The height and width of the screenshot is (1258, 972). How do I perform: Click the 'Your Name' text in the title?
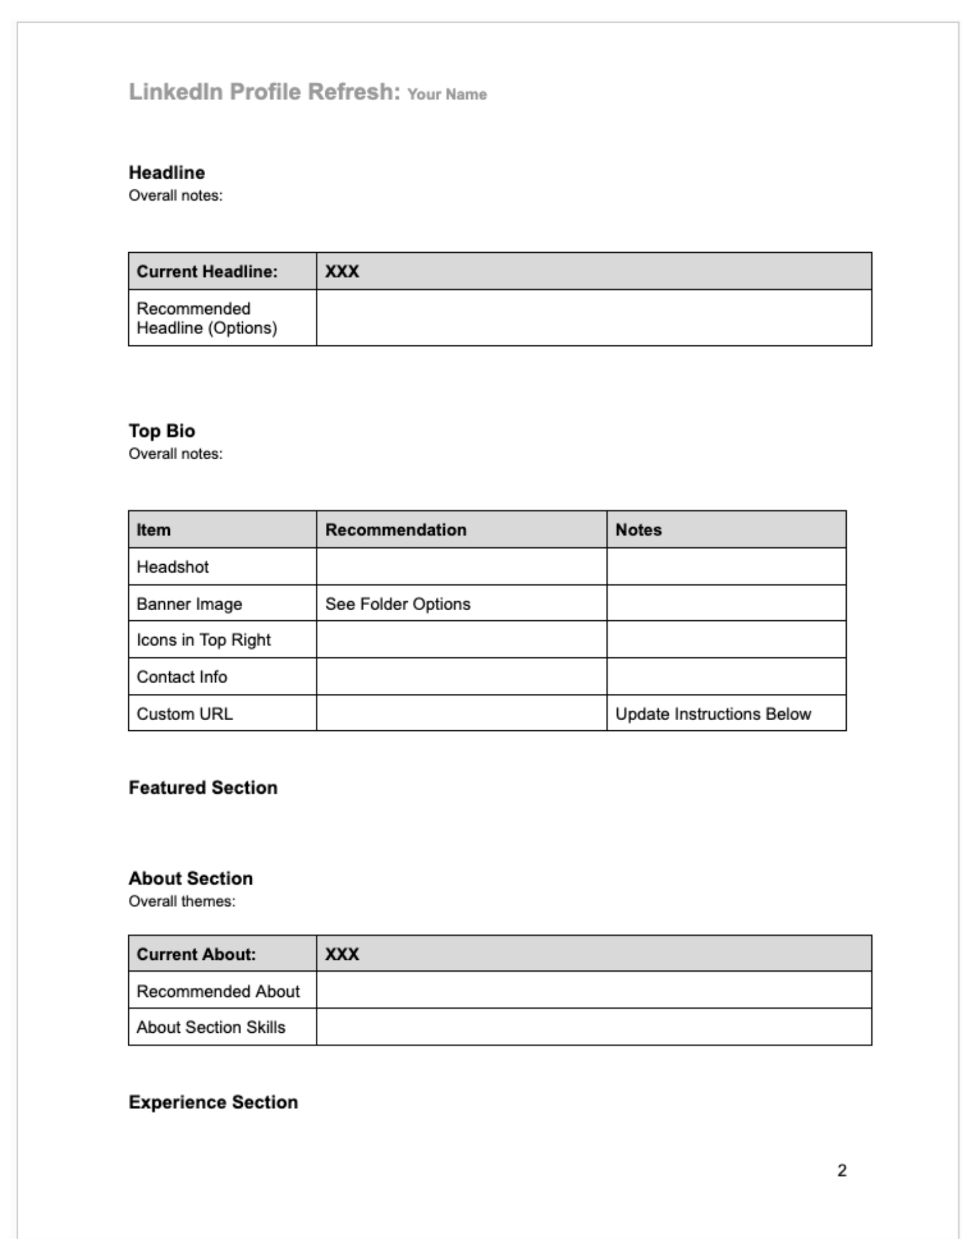point(447,94)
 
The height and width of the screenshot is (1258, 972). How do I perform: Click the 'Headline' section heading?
point(167,172)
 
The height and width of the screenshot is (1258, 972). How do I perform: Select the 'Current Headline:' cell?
point(207,272)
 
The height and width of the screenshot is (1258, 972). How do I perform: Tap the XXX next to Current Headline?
point(342,272)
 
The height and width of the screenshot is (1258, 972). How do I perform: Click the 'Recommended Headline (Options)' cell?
point(207,318)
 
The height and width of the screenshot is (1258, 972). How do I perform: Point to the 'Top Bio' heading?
point(162,431)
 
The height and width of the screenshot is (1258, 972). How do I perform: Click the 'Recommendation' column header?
point(396,530)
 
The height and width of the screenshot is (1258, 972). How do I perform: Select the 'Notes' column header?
point(638,530)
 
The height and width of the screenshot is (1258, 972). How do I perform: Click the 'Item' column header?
point(154,530)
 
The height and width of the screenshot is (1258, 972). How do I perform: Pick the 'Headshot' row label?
point(172,567)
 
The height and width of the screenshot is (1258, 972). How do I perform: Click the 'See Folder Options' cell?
point(398,604)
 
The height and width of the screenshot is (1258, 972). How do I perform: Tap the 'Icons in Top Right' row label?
point(203,640)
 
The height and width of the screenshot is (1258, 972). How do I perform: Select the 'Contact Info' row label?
point(182,677)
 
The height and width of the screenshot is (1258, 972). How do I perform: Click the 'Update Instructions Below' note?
point(713,714)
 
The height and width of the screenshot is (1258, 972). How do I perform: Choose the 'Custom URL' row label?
point(184,714)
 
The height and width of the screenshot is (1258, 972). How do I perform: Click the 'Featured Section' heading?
point(203,788)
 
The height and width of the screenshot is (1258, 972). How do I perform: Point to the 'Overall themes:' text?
point(182,901)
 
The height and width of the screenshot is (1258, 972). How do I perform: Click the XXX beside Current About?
point(342,954)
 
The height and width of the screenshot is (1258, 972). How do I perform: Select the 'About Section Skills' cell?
point(211,1027)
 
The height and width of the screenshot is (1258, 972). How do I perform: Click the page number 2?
point(842,1171)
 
